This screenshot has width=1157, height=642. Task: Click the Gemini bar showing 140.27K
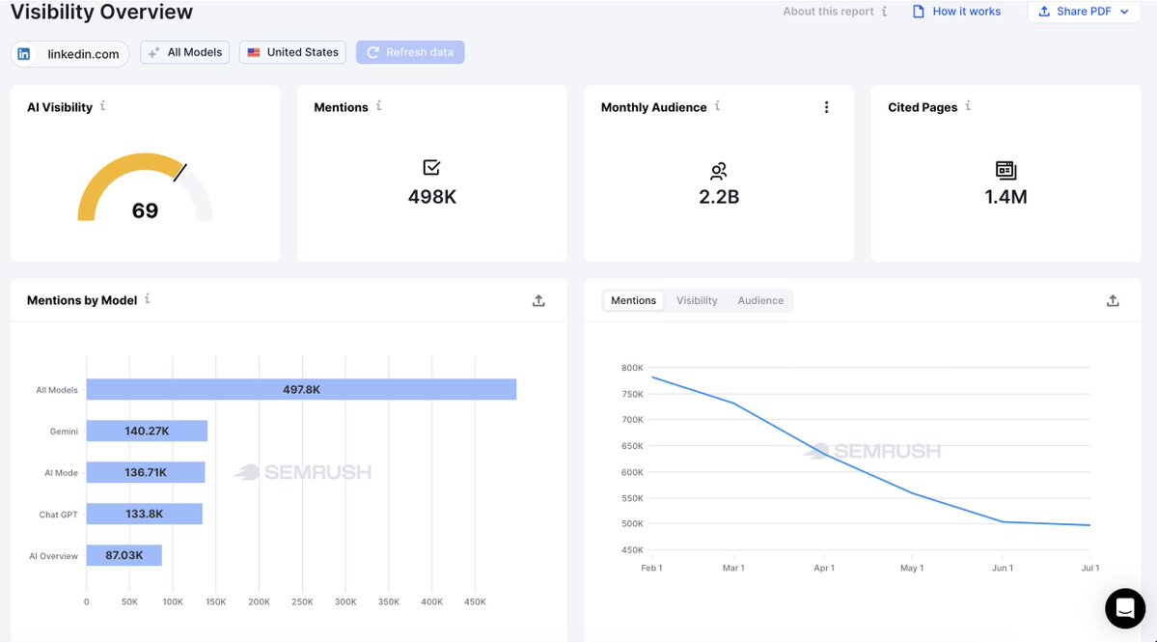pyautogui.click(x=147, y=431)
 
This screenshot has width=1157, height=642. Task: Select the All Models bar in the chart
pyautogui.click(x=301, y=390)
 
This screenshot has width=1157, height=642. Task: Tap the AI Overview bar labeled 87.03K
pyautogui.click(x=124, y=555)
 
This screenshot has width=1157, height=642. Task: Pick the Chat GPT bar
pyautogui.click(x=144, y=514)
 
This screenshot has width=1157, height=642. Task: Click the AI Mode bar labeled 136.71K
pyautogui.click(x=146, y=472)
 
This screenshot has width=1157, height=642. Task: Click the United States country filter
pyautogui.click(x=292, y=52)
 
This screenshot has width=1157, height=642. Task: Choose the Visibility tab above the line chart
pyautogui.click(x=697, y=300)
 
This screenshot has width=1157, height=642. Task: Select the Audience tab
pyautogui.click(x=760, y=300)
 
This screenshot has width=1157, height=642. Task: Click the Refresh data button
pyautogui.click(x=410, y=52)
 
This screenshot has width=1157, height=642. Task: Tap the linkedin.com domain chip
pyautogui.click(x=70, y=54)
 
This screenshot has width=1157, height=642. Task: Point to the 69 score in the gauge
pyautogui.click(x=146, y=211)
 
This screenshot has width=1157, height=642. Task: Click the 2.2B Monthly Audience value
pyautogui.click(x=719, y=197)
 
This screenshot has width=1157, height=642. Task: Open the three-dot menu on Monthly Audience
pyautogui.click(x=826, y=107)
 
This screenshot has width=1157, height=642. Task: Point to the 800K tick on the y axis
pyautogui.click(x=632, y=368)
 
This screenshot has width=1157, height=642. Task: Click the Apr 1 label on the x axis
pyautogui.click(x=824, y=569)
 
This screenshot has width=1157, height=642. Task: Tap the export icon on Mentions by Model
pyautogui.click(x=538, y=300)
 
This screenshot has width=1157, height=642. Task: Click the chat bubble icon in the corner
pyautogui.click(x=1125, y=608)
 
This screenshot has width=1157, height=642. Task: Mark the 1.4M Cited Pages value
pyautogui.click(x=1005, y=197)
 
